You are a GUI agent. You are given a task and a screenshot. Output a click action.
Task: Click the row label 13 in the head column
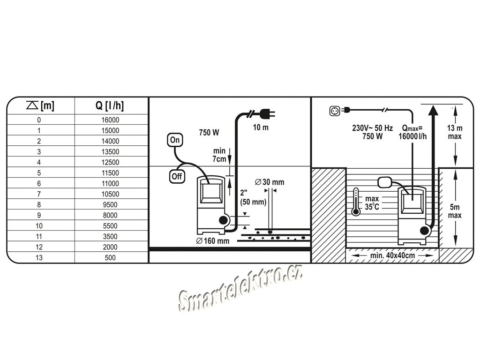[39, 257]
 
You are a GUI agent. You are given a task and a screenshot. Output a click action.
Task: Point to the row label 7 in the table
[39, 194]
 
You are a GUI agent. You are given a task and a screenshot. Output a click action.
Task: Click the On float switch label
[175, 140]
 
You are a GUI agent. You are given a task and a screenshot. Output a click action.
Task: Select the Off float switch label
[176, 177]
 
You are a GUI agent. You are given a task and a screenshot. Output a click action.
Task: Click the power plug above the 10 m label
[266, 113]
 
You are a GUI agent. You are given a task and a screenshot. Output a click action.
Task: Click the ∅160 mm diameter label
[213, 241]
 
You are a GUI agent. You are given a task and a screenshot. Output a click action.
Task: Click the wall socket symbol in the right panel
[336, 111]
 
